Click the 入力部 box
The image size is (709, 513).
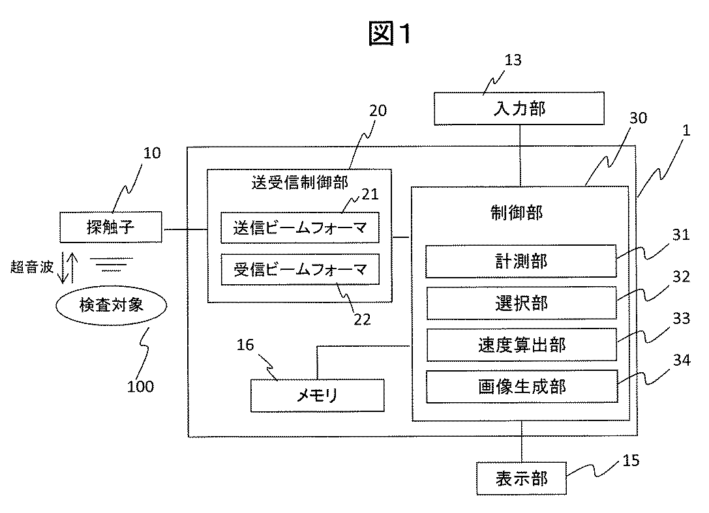(519, 108)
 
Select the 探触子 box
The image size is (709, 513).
(111, 227)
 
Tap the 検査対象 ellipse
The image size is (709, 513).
(112, 306)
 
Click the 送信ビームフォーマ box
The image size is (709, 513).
(300, 227)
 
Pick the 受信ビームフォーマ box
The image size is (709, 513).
(300, 269)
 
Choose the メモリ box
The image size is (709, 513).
(318, 396)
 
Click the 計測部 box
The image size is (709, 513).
(521, 261)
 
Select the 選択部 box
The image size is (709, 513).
(521, 303)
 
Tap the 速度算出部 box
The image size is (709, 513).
(522, 345)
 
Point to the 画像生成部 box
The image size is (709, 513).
(522, 387)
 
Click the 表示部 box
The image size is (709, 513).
(521, 478)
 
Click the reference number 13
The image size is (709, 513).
(513, 60)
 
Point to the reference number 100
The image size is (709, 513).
(141, 387)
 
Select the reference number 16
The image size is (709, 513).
(245, 345)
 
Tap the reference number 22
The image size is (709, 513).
(362, 319)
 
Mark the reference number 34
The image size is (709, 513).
(682, 360)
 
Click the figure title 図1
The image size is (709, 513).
(390, 33)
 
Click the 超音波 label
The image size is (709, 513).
(32, 267)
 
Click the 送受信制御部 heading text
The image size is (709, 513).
(300, 182)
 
